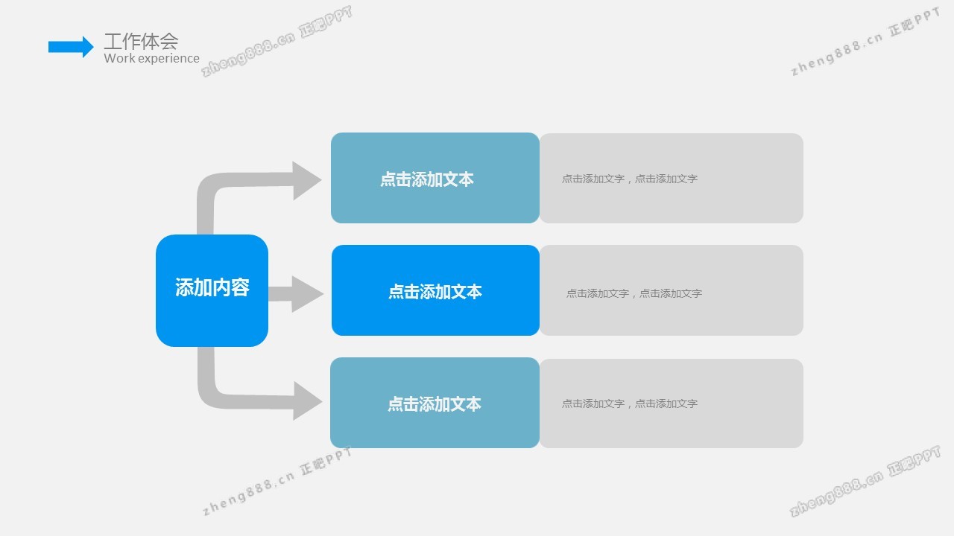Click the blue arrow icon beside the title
[71, 47]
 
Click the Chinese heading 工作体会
[141, 41]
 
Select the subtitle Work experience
[151, 58]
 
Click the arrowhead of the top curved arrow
[306, 180]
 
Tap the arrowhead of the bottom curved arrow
[306, 401]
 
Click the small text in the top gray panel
[630, 179]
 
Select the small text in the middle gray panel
[634, 293]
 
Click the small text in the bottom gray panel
[630, 403]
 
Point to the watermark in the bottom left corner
[277, 482]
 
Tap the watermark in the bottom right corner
[865, 482]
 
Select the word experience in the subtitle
[168, 58]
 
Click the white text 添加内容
[212, 288]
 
